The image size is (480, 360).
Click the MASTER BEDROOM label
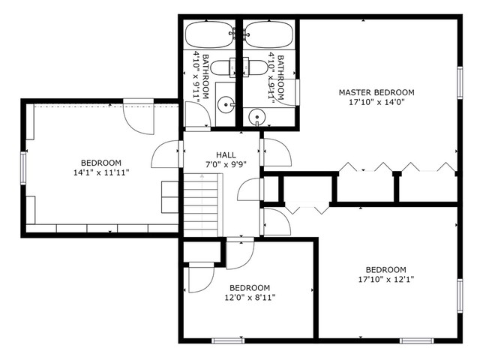tap(376, 92)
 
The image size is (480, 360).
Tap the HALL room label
tap(226, 155)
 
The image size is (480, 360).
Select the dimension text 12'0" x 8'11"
tap(250, 297)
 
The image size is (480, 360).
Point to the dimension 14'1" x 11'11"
tap(101, 172)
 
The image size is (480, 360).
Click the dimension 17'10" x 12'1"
tap(386, 279)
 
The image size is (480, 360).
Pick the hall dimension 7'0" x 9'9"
tap(226, 165)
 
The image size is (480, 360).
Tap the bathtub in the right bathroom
tap(268, 34)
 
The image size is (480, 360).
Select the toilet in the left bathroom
tap(223, 67)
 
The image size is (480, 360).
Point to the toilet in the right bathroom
tap(255, 67)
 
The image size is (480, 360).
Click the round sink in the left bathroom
tap(226, 105)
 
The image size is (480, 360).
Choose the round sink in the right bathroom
tap(257, 117)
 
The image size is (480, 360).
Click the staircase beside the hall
tap(202, 205)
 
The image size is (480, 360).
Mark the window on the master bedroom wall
tap(460, 82)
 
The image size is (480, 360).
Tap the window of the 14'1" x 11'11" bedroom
tap(23, 168)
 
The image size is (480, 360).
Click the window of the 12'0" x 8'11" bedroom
tap(228, 340)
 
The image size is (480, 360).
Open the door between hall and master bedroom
tap(275, 152)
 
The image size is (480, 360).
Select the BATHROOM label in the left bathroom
tap(205, 76)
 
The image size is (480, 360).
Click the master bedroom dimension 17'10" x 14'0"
tap(376, 102)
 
